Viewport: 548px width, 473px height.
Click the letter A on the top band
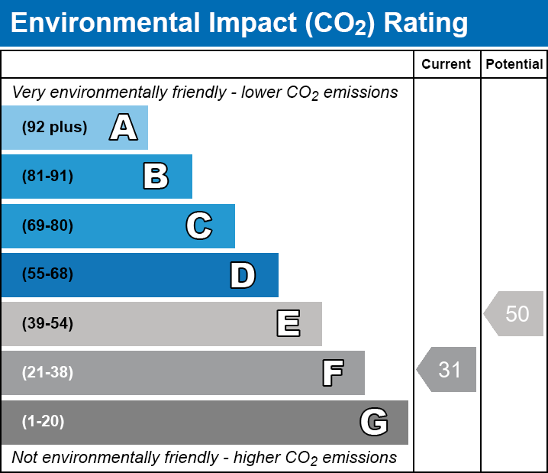pyautogui.click(x=124, y=128)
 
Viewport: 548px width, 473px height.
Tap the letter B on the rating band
pyautogui.click(x=156, y=177)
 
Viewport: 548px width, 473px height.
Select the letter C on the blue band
pyautogui.click(x=198, y=226)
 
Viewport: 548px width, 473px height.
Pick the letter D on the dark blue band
pyautogui.click(x=243, y=275)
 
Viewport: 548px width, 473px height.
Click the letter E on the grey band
pyautogui.click(x=288, y=324)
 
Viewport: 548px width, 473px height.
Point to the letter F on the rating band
pyautogui.click(x=332, y=373)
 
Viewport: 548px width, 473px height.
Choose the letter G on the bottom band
pyautogui.click(x=374, y=422)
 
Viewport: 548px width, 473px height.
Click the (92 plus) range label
pyautogui.click(x=54, y=128)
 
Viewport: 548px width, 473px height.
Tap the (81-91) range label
pyautogui.click(x=47, y=177)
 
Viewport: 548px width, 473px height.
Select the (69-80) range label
pyautogui.click(x=47, y=226)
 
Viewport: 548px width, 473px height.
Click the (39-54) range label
pyautogui.click(x=47, y=324)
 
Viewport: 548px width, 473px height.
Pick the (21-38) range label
pyautogui.click(x=47, y=373)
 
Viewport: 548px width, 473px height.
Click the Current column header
pyautogui.click(x=446, y=65)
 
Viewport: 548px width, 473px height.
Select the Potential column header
pyautogui.click(x=514, y=65)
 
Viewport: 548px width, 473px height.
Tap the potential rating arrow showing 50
pyautogui.click(x=515, y=313)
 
